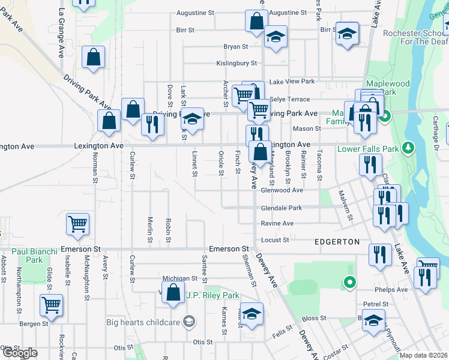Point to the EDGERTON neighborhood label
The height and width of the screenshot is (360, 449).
pos(337,242)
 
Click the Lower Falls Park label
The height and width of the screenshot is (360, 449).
pos(369,149)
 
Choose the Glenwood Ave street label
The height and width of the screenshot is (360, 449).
pos(282,190)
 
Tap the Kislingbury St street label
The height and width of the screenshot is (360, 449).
pos(237,63)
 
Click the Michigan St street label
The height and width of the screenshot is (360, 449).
pos(179,278)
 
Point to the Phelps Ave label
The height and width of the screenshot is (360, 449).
pos(393,289)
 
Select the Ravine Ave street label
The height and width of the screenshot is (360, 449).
pos(277,224)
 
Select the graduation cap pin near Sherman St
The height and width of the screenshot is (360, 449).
pos(252,314)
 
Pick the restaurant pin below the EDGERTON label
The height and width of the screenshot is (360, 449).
pos(379,254)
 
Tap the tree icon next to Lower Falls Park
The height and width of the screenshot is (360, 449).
pos(408,147)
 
